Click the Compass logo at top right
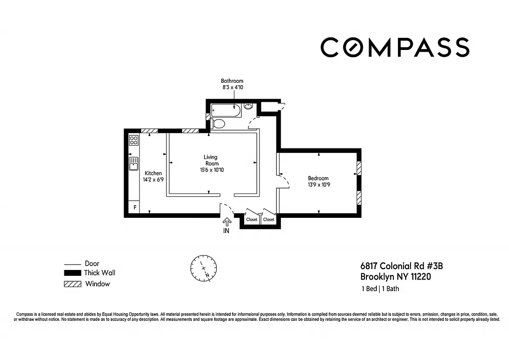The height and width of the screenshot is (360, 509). tap(395, 47)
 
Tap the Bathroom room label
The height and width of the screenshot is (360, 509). tap(232, 81)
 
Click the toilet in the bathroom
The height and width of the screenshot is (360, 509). tap(218, 124)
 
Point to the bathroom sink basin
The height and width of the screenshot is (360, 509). tap(248, 107)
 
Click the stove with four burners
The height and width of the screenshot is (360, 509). tap(134, 140)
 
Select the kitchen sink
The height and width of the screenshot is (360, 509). tap(134, 164)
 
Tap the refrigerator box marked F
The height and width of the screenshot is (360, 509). tap(134, 207)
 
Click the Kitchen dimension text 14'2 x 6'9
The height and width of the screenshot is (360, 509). tap(153, 180)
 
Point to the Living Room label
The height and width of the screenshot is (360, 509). tap(210, 160)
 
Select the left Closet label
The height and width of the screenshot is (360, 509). tap(252, 220)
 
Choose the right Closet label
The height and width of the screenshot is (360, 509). tap(269, 220)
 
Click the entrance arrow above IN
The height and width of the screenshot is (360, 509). tap(226, 222)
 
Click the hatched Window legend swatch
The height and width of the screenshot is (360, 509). tap(72, 284)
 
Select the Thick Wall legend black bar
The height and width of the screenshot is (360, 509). tap(72, 273)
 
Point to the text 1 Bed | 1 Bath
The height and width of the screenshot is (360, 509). tap(380, 289)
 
